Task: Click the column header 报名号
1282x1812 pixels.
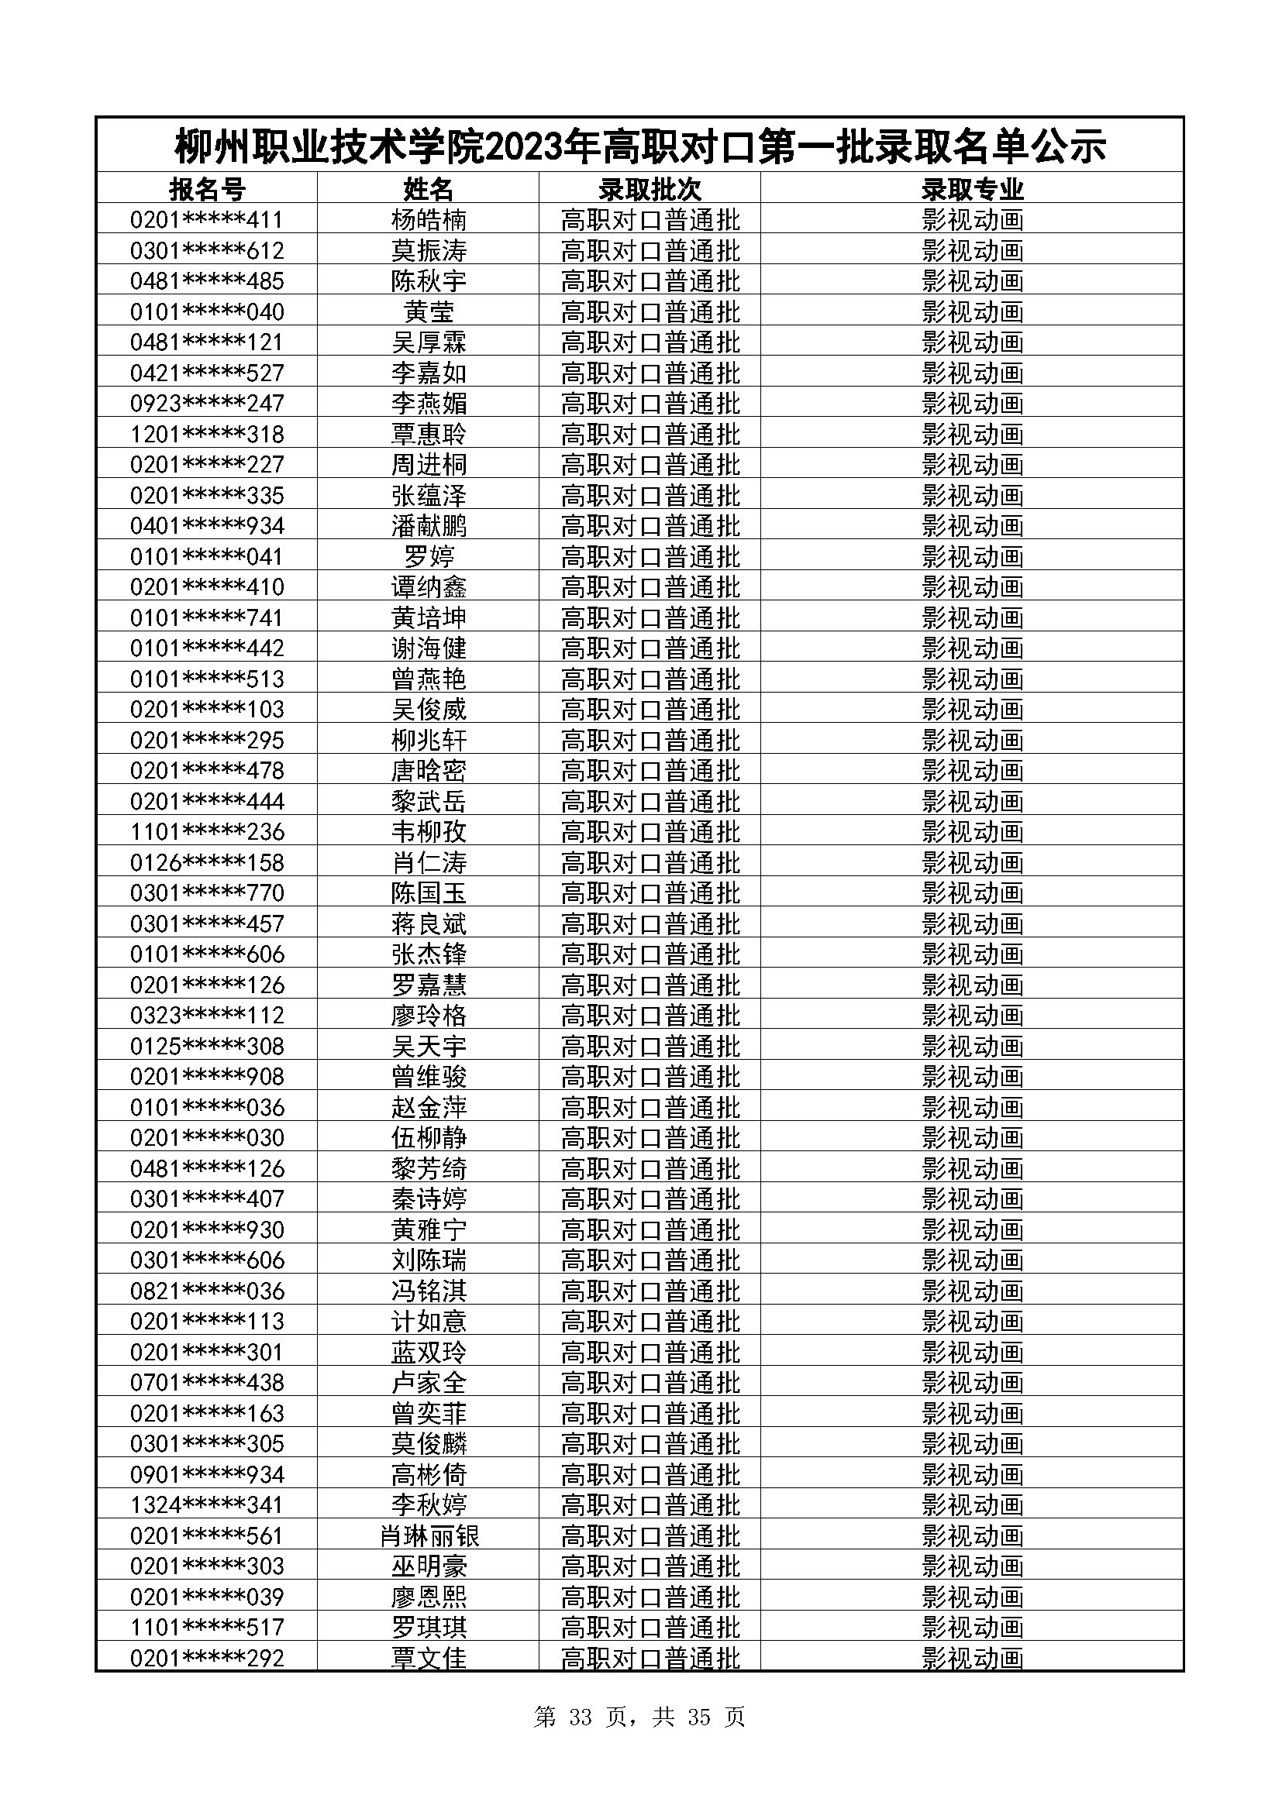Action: (x=207, y=189)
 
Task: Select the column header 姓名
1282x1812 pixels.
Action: (x=429, y=189)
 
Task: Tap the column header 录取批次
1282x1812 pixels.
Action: (x=650, y=189)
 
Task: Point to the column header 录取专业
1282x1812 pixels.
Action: (x=972, y=189)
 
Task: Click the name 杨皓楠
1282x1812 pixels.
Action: (x=429, y=219)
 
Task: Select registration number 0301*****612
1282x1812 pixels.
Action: (x=207, y=251)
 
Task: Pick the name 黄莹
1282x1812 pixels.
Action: (x=429, y=311)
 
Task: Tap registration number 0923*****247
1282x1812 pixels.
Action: (x=207, y=404)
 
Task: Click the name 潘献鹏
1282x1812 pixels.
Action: (x=429, y=525)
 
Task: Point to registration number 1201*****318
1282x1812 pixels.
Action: (x=207, y=434)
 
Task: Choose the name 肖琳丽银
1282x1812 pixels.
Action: (x=429, y=1535)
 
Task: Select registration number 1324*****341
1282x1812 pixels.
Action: (x=207, y=1505)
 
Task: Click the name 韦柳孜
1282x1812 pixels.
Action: (x=429, y=832)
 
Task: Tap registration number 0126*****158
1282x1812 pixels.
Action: (x=207, y=862)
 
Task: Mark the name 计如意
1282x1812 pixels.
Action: (x=429, y=1321)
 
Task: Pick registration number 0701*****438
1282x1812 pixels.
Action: (x=207, y=1383)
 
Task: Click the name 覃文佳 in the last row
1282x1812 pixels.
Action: (x=429, y=1658)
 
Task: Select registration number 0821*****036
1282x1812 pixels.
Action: (x=207, y=1291)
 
